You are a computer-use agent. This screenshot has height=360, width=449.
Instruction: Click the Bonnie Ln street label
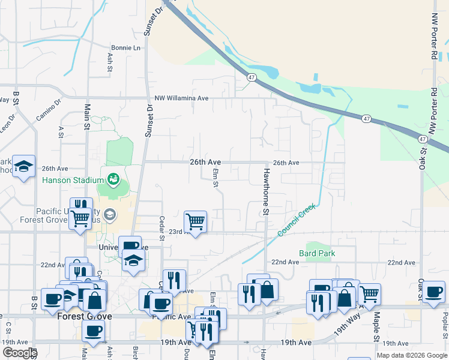point(125,47)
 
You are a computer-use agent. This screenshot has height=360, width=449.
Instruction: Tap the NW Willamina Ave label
point(181,98)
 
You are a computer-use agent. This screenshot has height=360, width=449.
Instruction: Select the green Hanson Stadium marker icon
point(112,179)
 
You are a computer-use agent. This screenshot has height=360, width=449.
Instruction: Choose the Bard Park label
point(318,253)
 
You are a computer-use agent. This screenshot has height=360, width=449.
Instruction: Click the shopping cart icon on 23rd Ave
point(196,221)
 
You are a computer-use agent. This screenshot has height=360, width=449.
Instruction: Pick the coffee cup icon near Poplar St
point(433,292)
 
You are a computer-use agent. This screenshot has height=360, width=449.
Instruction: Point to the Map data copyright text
point(412,355)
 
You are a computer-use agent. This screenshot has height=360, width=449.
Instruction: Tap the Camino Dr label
point(49,110)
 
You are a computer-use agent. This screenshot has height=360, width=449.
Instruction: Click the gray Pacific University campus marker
point(109,214)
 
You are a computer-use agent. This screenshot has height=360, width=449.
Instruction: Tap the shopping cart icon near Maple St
point(370,293)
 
